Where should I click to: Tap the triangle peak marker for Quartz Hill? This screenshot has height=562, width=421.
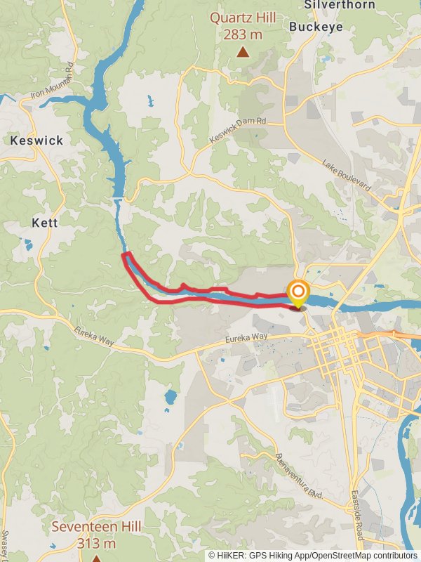pos(243,51)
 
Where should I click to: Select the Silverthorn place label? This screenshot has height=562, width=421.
pos(330,5)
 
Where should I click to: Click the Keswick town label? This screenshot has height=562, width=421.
pos(36,140)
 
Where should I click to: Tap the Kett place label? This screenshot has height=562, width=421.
pos(45,222)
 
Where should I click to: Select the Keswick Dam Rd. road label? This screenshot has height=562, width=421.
pos(239,131)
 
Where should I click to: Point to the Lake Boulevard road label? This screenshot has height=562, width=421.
pos(347,175)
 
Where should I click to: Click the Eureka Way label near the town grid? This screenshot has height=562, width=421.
pos(246,338)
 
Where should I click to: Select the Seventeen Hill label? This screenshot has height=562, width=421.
pos(97,527)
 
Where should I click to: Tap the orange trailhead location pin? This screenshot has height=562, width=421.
pos(298,293)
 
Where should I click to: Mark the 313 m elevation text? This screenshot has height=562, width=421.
pos(97,543)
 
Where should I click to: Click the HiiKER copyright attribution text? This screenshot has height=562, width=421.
pos(313,555)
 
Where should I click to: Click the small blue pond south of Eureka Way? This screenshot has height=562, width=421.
pos(171,398)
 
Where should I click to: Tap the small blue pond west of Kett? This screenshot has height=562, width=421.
pos(28,245)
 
